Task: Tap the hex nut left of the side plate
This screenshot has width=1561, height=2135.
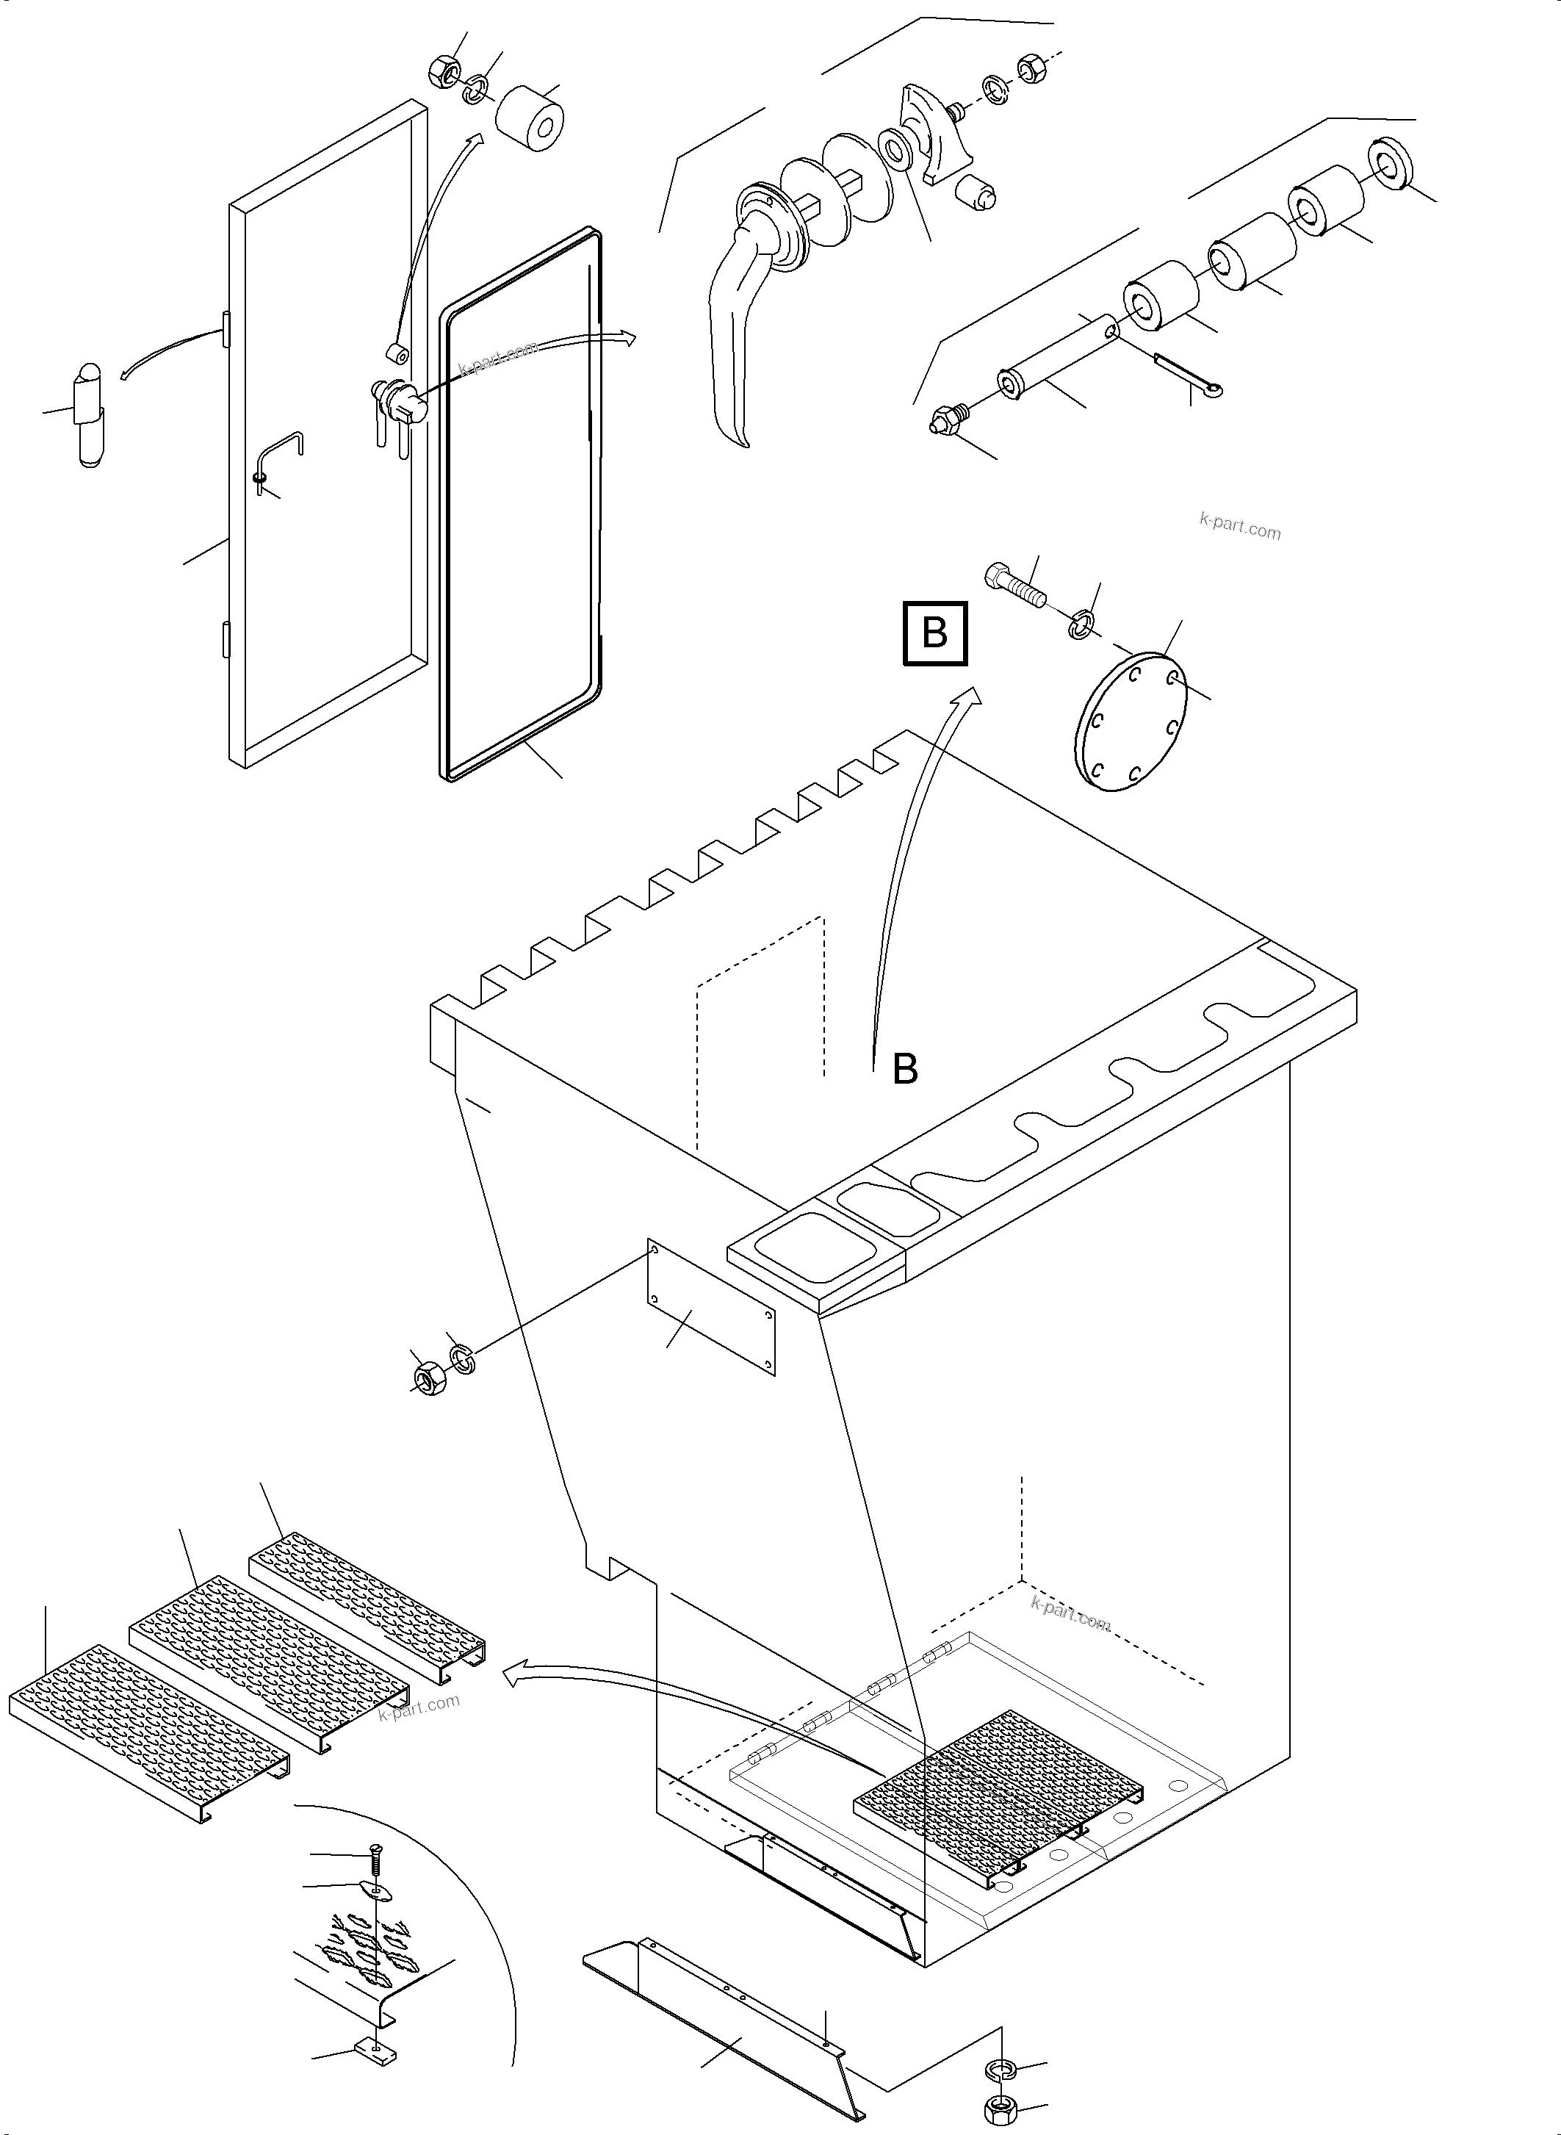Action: (x=430, y=1380)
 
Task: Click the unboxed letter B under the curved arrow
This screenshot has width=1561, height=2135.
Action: (x=904, y=1069)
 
